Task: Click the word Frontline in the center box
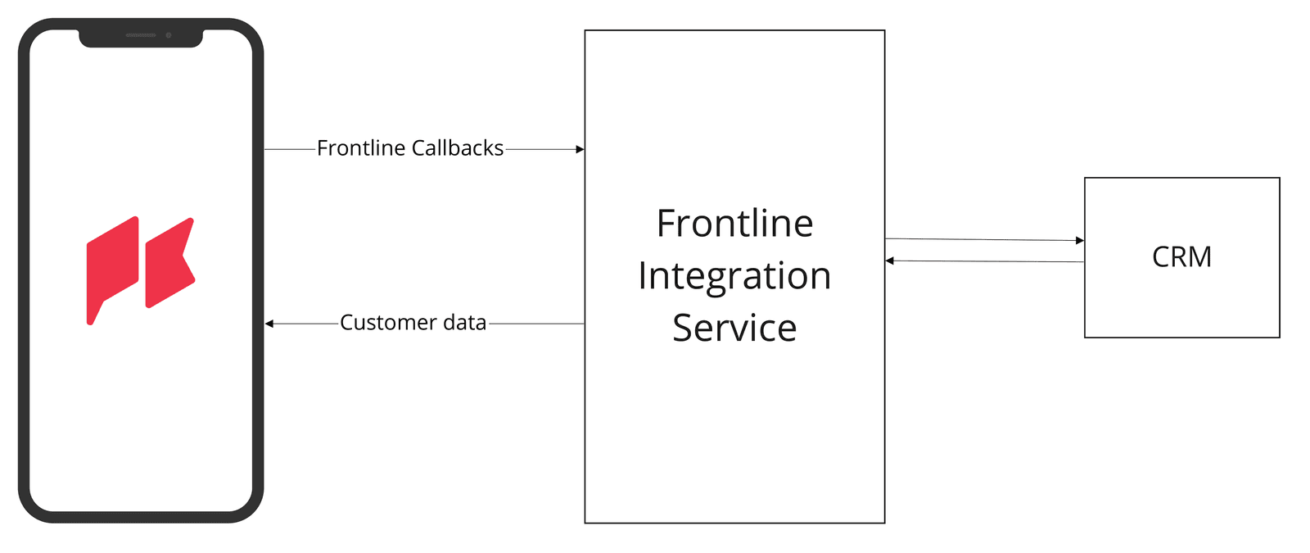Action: [x=734, y=224]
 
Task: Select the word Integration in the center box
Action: [x=734, y=276]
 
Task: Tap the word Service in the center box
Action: [x=734, y=328]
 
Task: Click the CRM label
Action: [x=1181, y=257]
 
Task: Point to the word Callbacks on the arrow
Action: [x=457, y=148]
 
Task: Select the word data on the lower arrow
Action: [x=464, y=323]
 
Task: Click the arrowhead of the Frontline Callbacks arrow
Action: [x=580, y=149]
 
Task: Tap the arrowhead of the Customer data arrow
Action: [x=269, y=324]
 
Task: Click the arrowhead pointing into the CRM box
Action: [x=1080, y=240]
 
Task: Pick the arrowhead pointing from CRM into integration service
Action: [x=890, y=261]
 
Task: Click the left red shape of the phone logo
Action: [x=112, y=266]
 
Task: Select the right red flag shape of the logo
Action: [x=169, y=262]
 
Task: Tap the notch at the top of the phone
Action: [x=141, y=38]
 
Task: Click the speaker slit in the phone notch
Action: [x=141, y=35]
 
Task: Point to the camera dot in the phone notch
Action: [x=169, y=35]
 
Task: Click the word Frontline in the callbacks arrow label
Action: [x=361, y=148]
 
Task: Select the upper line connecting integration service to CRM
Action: [x=982, y=239]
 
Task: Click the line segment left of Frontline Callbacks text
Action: [x=290, y=149]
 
